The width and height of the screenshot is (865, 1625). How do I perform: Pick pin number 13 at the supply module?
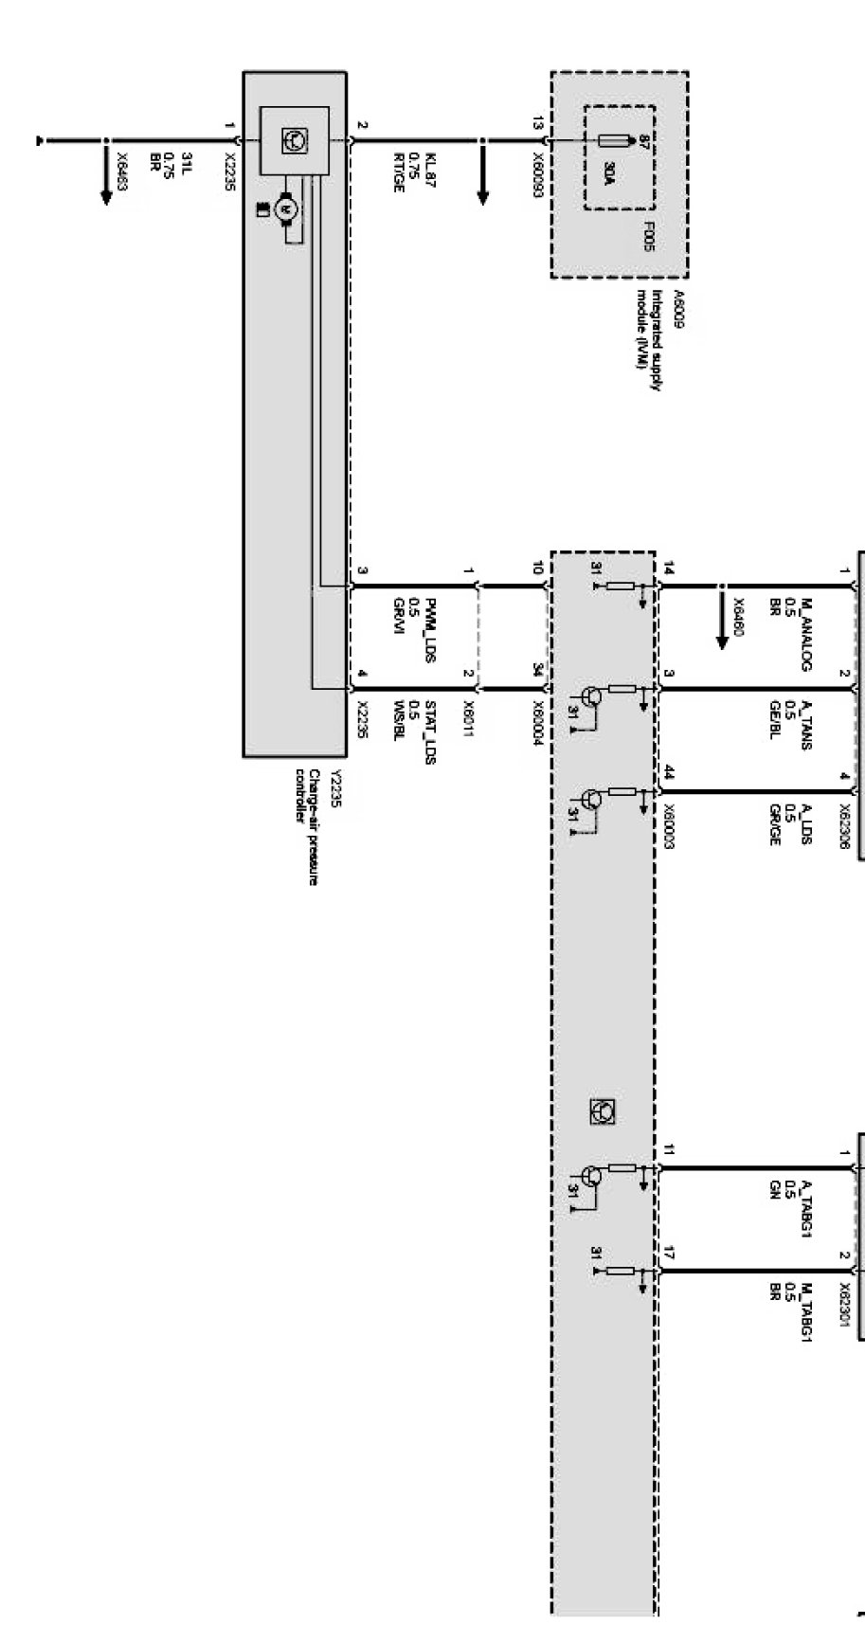tap(537, 123)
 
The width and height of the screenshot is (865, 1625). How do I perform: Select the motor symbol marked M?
tap(285, 210)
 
